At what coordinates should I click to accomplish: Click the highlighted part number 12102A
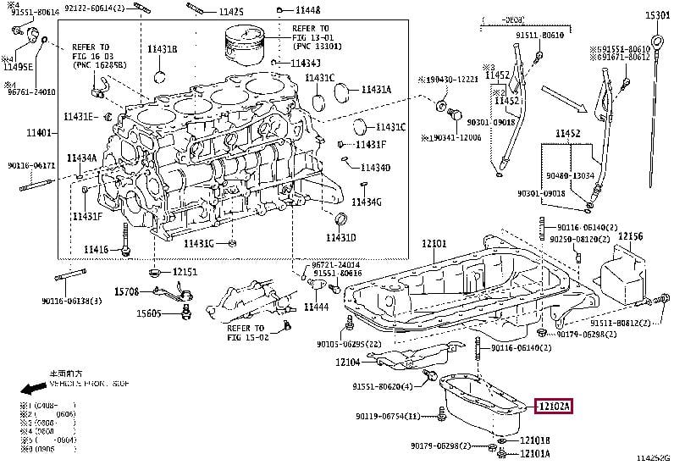click(x=555, y=407)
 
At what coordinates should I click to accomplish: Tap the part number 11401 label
click(x=38, y=133)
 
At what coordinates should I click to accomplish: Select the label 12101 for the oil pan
click(x=434, y=244)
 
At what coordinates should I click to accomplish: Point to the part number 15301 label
click(x=658, y=15)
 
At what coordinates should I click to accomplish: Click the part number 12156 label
click(x=630, y=236)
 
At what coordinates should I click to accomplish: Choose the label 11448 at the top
click(x=306, y=10)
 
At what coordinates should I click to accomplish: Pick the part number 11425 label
click(x=229, y=12)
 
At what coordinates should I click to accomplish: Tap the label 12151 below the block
click(x=185, y=272)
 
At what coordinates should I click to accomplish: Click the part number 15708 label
click(x=126, y=291)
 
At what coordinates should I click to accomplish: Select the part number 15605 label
click(x=149, y=313)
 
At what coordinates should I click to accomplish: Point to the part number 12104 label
click(x=347, y=362)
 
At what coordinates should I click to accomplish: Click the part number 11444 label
click(x=316, y=306)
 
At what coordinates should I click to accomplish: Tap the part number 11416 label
click(x=96, y=249)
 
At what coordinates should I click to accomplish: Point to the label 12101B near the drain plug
click(x=535, y=440)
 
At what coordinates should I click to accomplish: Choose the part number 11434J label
click(x=306, y=64)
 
